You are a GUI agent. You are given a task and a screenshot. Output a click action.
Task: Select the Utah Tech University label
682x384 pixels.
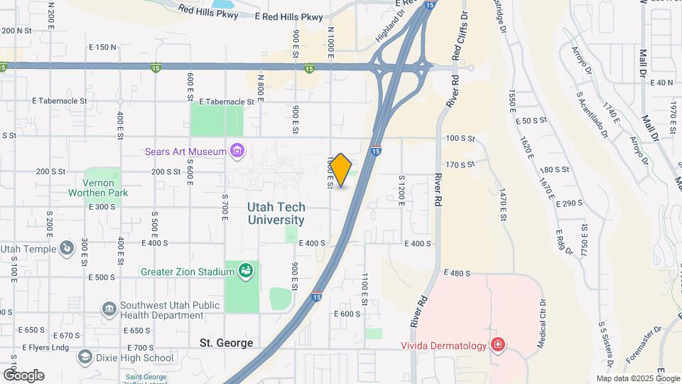coord(276,213)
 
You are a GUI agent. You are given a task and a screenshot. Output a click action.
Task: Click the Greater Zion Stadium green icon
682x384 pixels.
coord(246,271)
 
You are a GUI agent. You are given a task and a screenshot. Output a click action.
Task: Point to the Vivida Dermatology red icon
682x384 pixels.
coord(498,346)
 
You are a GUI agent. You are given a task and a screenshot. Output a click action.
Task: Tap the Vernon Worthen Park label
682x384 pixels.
coord(98,188)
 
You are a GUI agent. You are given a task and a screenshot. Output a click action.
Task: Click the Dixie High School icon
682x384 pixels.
coord(85,357)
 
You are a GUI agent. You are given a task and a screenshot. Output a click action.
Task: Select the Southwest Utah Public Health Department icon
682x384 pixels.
coord(109,309)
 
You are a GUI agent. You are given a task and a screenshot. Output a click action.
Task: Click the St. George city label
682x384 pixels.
coord(226,343)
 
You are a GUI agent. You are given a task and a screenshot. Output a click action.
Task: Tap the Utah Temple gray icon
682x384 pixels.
coord(66,248)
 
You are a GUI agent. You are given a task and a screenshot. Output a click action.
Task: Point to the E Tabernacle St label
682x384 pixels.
coord(227,102)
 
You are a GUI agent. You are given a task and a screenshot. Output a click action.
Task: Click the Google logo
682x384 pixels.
coord(23,375)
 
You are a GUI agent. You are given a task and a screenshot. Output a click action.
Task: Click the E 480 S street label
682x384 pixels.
coord(457,273)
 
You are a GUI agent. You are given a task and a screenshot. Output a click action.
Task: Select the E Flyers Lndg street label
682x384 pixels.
coord(45,348)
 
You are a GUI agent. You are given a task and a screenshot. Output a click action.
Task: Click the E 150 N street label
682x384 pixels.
coord(102,47)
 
